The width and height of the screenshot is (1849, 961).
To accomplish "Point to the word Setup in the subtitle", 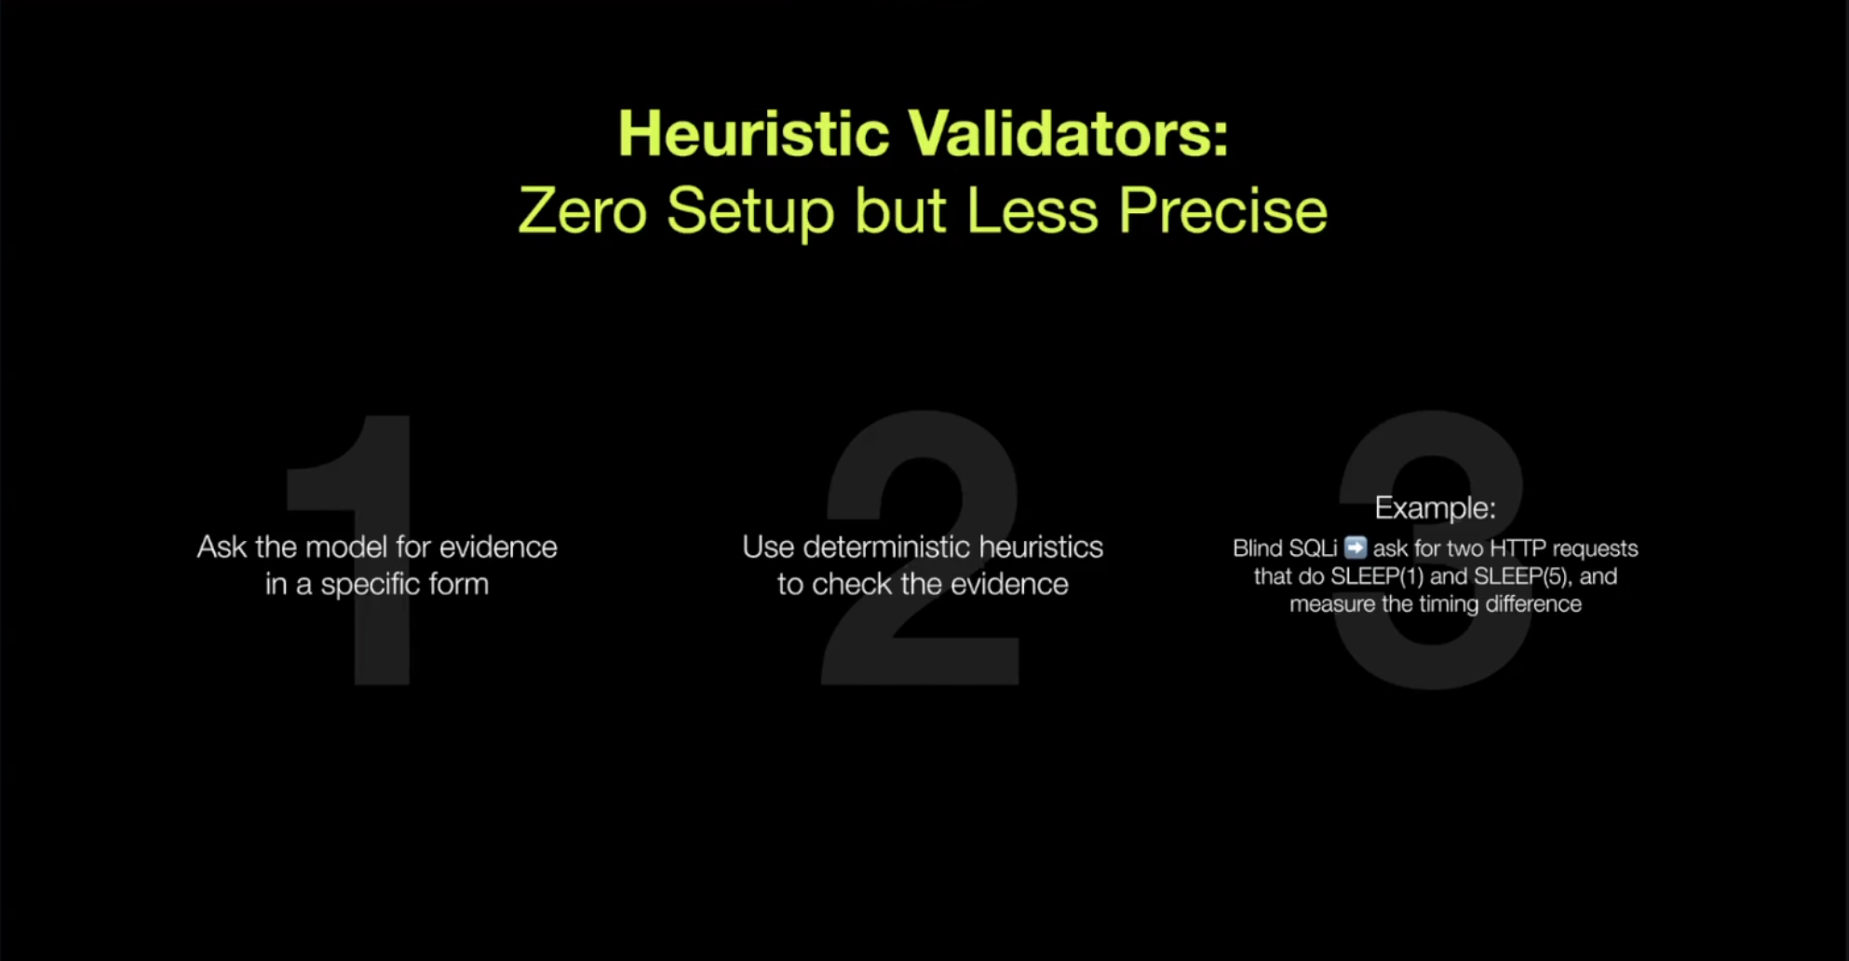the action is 750,212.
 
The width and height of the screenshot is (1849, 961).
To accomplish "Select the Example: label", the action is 1435,508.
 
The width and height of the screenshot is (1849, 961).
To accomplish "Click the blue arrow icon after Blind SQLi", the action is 1356,548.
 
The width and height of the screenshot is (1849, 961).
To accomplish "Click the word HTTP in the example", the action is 1518,548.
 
